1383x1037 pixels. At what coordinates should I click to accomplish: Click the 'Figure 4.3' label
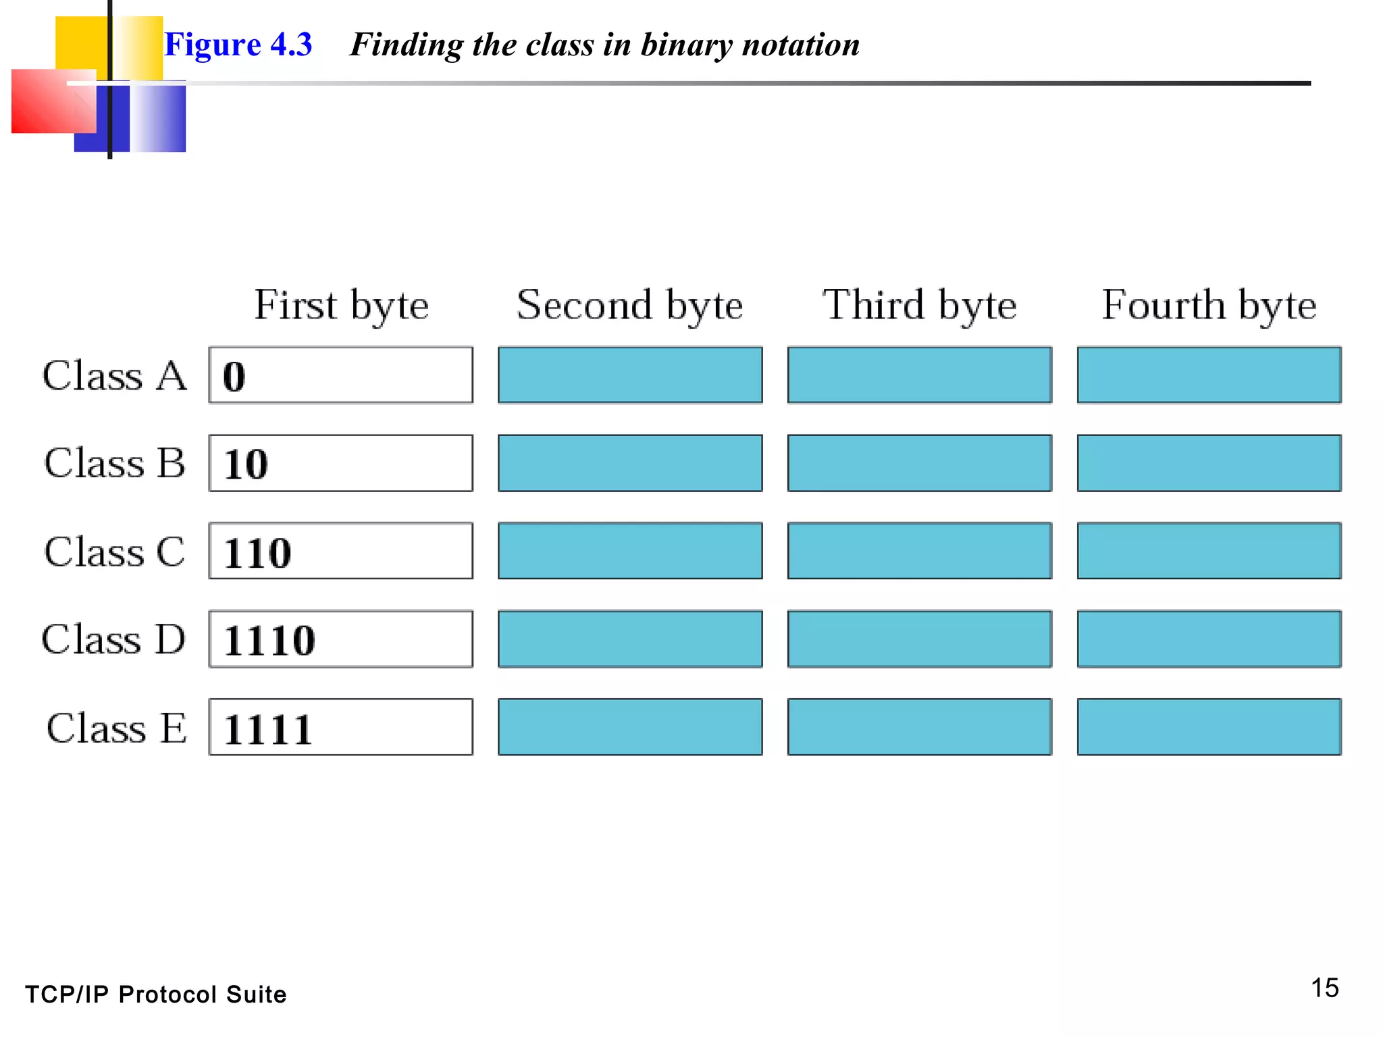tap(238, 45)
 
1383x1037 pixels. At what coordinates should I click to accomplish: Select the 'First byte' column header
tap(341, 305)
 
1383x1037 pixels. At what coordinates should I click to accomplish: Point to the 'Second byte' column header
tap(629, 305)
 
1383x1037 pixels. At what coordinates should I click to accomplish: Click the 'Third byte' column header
tap(919, 305)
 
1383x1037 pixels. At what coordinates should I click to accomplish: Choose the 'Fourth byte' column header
tap(1209, 305)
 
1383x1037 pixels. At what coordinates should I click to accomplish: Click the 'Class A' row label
tap(114, 376)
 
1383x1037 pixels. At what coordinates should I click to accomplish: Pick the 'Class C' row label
tap(114, 552)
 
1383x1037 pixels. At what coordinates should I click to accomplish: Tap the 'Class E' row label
tap(116, 728)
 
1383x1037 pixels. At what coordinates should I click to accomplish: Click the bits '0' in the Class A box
tap(234, 377)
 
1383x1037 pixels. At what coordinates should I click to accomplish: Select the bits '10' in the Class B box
tap(246, 464)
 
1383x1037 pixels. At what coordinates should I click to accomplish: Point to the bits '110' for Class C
tap(257, 553)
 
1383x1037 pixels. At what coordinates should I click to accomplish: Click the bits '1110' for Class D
tap(269, 641)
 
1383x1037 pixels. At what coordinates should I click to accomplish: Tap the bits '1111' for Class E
tap(268, 729)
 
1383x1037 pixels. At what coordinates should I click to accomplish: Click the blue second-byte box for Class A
tap(630, 375)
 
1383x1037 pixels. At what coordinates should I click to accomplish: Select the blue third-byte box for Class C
tap(919, 551)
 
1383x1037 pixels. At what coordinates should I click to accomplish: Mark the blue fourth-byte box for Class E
tap(1209, 727)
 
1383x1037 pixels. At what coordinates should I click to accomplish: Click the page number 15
tap(1324, 988)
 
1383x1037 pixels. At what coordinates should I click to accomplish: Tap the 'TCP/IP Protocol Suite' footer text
tap(156, 994)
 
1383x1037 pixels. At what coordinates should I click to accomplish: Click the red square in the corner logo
tap(47, 101)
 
